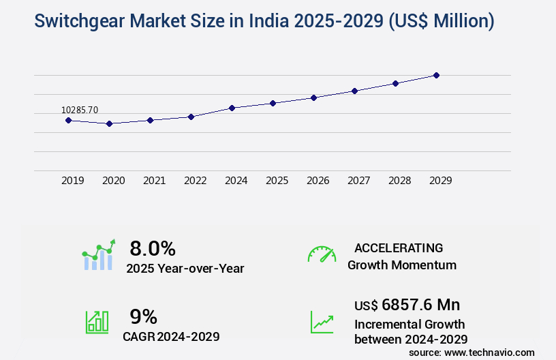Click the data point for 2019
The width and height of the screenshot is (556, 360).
pyautogui.click(x=68, y=120)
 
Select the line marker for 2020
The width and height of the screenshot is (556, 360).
pyautogui.click(x=109, y=123)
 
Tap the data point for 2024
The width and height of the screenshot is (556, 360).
pyautogui.click(x=232, y=108)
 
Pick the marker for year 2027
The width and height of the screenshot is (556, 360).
pyautogui.click(x=354, y=91)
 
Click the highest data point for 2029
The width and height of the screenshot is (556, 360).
pyautogui.click(x=436, y=75)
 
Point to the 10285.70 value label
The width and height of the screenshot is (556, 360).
pyautogui.click(x=80, y=110)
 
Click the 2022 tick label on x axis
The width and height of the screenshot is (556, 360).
pyautogui.click(x=195, y=181)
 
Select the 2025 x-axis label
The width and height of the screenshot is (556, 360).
pyautogui.click(x=277, y=181)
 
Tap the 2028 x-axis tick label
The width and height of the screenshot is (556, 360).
pyautogui.click(x=399, y=181)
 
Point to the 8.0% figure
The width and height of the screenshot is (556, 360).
pyautogui.click(x=153, y=247)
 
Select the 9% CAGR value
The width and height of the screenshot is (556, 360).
pyautogui.click(x=143, y=316)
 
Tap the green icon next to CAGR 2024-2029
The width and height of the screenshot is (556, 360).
pyautogui.click(x=97, y=322)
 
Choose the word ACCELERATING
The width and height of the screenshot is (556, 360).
pyautogui.click(x=399, y=247)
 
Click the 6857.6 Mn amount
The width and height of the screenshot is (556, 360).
pyautogui.click(x=421, y=305)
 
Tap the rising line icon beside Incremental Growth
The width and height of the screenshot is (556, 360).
pyautogui.click(x=322, y=322)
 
